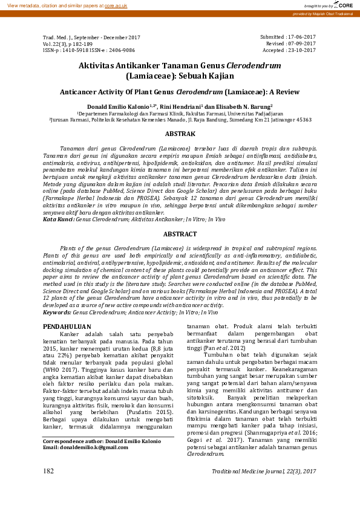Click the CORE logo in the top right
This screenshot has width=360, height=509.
click(x=344, y=5)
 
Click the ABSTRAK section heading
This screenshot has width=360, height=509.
click(x=180, y=133)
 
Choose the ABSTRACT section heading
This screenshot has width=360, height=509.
click(x=180, y=233)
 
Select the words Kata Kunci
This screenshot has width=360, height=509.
click(x=57, y=219)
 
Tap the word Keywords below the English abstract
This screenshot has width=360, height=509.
click(x=57, y=313)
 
